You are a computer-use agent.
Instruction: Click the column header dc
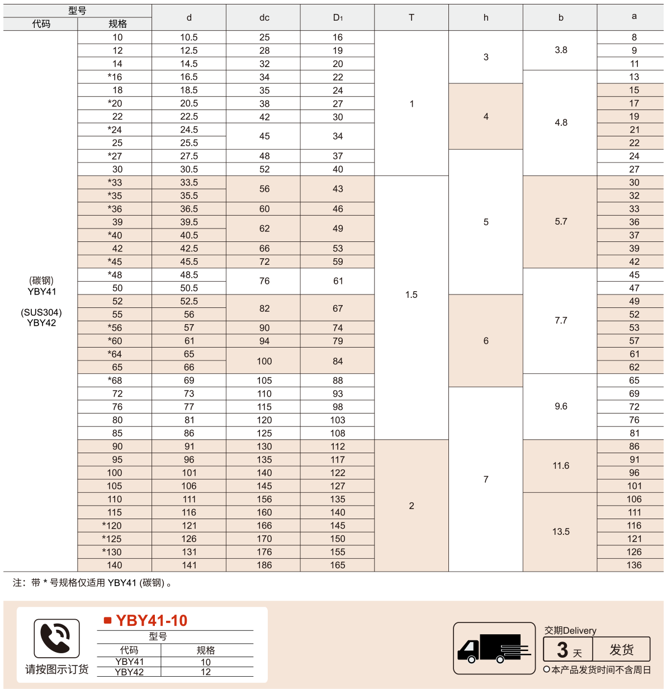264,18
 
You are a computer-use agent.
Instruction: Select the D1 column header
338,18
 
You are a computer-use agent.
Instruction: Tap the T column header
411,18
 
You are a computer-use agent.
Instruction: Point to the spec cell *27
115,156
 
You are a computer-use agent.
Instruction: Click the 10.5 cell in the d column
189,37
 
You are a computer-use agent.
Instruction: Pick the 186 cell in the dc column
264,565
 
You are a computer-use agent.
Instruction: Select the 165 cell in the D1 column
338,565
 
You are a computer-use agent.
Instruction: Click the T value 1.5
411,294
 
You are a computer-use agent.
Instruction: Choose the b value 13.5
561,531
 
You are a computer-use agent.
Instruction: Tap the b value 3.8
561,50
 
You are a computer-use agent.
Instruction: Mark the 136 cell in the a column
634,565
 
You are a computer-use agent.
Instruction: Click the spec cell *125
112,539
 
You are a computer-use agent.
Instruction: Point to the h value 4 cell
486,116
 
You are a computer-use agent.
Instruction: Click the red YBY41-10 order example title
152,620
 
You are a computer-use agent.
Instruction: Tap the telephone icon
56,638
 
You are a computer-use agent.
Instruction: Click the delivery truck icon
494,648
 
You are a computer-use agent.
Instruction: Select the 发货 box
621,649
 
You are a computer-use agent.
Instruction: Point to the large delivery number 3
562,650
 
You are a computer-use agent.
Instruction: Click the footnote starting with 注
92,583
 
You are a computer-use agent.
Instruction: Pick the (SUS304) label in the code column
41,312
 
